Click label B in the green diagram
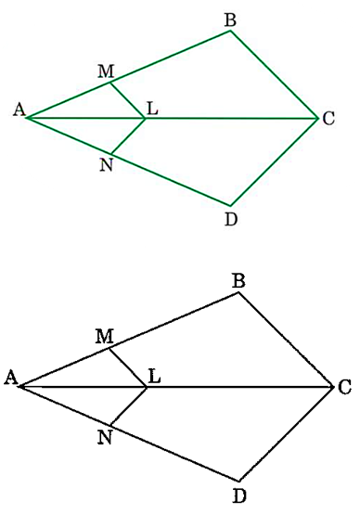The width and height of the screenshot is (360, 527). (230, 17)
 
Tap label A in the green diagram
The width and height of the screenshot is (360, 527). (17, 110)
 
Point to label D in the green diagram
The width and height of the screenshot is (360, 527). (231, 220)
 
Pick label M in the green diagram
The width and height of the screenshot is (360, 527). (106, 70)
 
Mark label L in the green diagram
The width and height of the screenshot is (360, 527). (152, 110)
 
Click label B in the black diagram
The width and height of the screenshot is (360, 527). (238, 278)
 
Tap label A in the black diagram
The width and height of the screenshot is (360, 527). (10, 377)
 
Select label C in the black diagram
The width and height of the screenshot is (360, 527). (344, 387)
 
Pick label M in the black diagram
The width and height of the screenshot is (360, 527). (105, 336)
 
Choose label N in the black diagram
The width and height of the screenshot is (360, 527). (104, 436)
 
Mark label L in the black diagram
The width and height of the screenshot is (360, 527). (154, 377)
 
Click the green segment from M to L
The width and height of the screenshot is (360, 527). (128, 100)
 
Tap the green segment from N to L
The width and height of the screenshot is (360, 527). (128, 135)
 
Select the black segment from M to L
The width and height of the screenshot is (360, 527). (128, 367)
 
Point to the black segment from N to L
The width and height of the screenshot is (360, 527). (128, 405)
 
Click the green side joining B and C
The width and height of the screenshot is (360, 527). (274, 74)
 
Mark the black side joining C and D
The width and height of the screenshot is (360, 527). (285, 433)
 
